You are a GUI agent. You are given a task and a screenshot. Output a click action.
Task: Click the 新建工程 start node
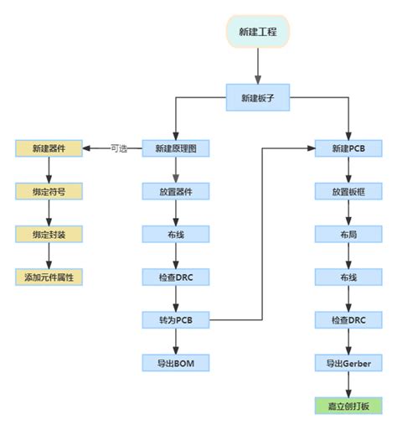coord(258,33)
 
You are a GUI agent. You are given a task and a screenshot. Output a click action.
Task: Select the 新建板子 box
coord(258,97)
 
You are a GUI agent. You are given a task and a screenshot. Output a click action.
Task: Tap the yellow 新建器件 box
coord(49,149)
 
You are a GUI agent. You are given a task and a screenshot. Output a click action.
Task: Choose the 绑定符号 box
coord(49,191)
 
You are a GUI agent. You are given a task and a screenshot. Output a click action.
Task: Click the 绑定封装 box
coord(49,234)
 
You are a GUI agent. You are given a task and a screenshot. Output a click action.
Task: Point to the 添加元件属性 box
coord(49,276)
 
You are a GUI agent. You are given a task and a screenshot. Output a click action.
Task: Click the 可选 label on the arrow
coord(119,149)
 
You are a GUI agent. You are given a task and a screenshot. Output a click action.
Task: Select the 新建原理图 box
coord(175,149)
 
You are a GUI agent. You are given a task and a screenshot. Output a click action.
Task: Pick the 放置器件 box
coord(175,191)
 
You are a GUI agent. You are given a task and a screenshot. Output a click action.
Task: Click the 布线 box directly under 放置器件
coord(175,234)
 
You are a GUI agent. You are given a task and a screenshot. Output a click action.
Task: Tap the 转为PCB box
coord(175,319)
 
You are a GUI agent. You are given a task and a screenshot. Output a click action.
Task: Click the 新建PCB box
coord(348,149)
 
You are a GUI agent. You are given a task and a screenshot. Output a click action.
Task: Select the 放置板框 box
coord(348,191)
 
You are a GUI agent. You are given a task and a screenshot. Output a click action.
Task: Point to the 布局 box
coord(348,234)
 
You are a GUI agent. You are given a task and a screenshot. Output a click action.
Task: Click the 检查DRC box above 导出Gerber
coord(348,319)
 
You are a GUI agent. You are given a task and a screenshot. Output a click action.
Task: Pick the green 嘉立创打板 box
coord(348,407)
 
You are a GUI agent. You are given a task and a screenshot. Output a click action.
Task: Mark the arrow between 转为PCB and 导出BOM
coord(175,339)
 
